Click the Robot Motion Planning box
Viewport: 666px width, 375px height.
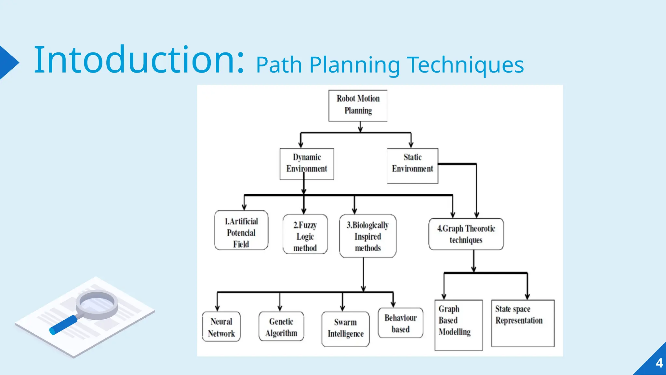point(358,105)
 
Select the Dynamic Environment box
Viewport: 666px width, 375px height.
point(307,164)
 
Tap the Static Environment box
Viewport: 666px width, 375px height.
point(412,166)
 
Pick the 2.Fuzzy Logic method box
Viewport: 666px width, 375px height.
point(305,234)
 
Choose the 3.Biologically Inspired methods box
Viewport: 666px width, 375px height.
point(367,236)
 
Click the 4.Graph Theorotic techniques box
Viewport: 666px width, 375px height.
point(466,234)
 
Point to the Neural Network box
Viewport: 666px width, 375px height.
point(221,326)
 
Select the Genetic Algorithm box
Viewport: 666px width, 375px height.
point(281,326)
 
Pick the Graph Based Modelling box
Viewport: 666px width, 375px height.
point(458,325)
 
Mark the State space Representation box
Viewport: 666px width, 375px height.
point(523,323)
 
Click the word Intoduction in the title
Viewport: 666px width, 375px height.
point(139,60)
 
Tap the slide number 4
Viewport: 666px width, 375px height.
point(659,363)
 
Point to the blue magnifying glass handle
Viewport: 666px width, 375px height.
point(63,325)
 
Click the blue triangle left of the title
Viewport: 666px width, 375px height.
point(8,62)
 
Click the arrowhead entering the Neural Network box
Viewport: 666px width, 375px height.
point(217,308)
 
